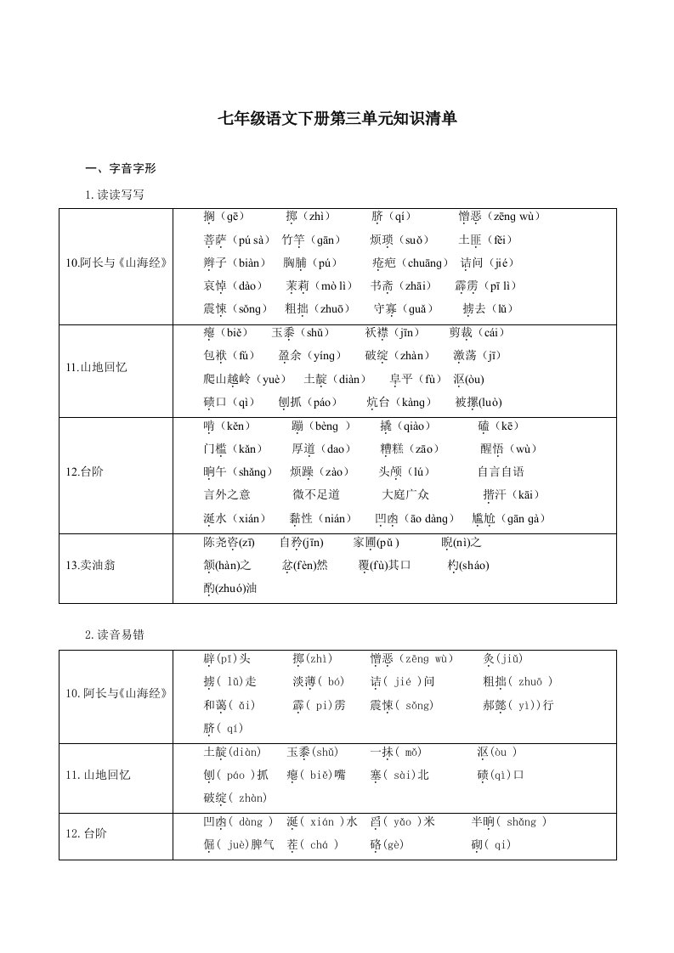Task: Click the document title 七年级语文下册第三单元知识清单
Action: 337,119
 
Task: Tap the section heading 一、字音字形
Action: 121,168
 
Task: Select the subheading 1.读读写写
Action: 115,195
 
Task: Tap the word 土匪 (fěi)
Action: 486,240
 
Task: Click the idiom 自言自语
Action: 501,472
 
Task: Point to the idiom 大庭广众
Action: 405,495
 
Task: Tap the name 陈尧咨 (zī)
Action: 229,543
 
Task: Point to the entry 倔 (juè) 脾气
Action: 240,844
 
